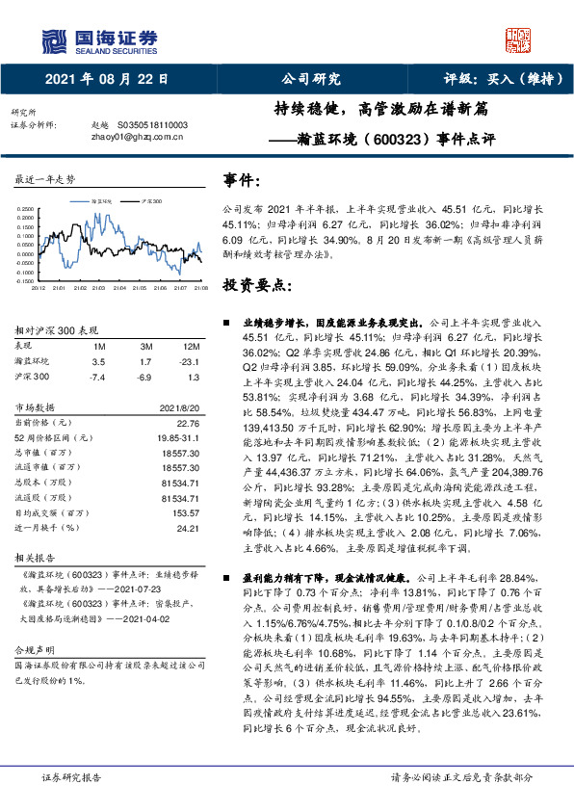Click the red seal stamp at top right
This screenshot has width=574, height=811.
(519, 39)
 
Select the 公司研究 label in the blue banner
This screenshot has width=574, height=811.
(309, 80)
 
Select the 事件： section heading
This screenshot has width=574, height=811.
(242, 180)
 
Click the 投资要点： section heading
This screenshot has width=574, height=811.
(256, 286)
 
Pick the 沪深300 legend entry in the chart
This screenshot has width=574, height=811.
(151, 199)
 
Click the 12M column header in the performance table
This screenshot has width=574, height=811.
(192, 345)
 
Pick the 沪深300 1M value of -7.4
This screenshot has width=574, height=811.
(97, 376)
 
